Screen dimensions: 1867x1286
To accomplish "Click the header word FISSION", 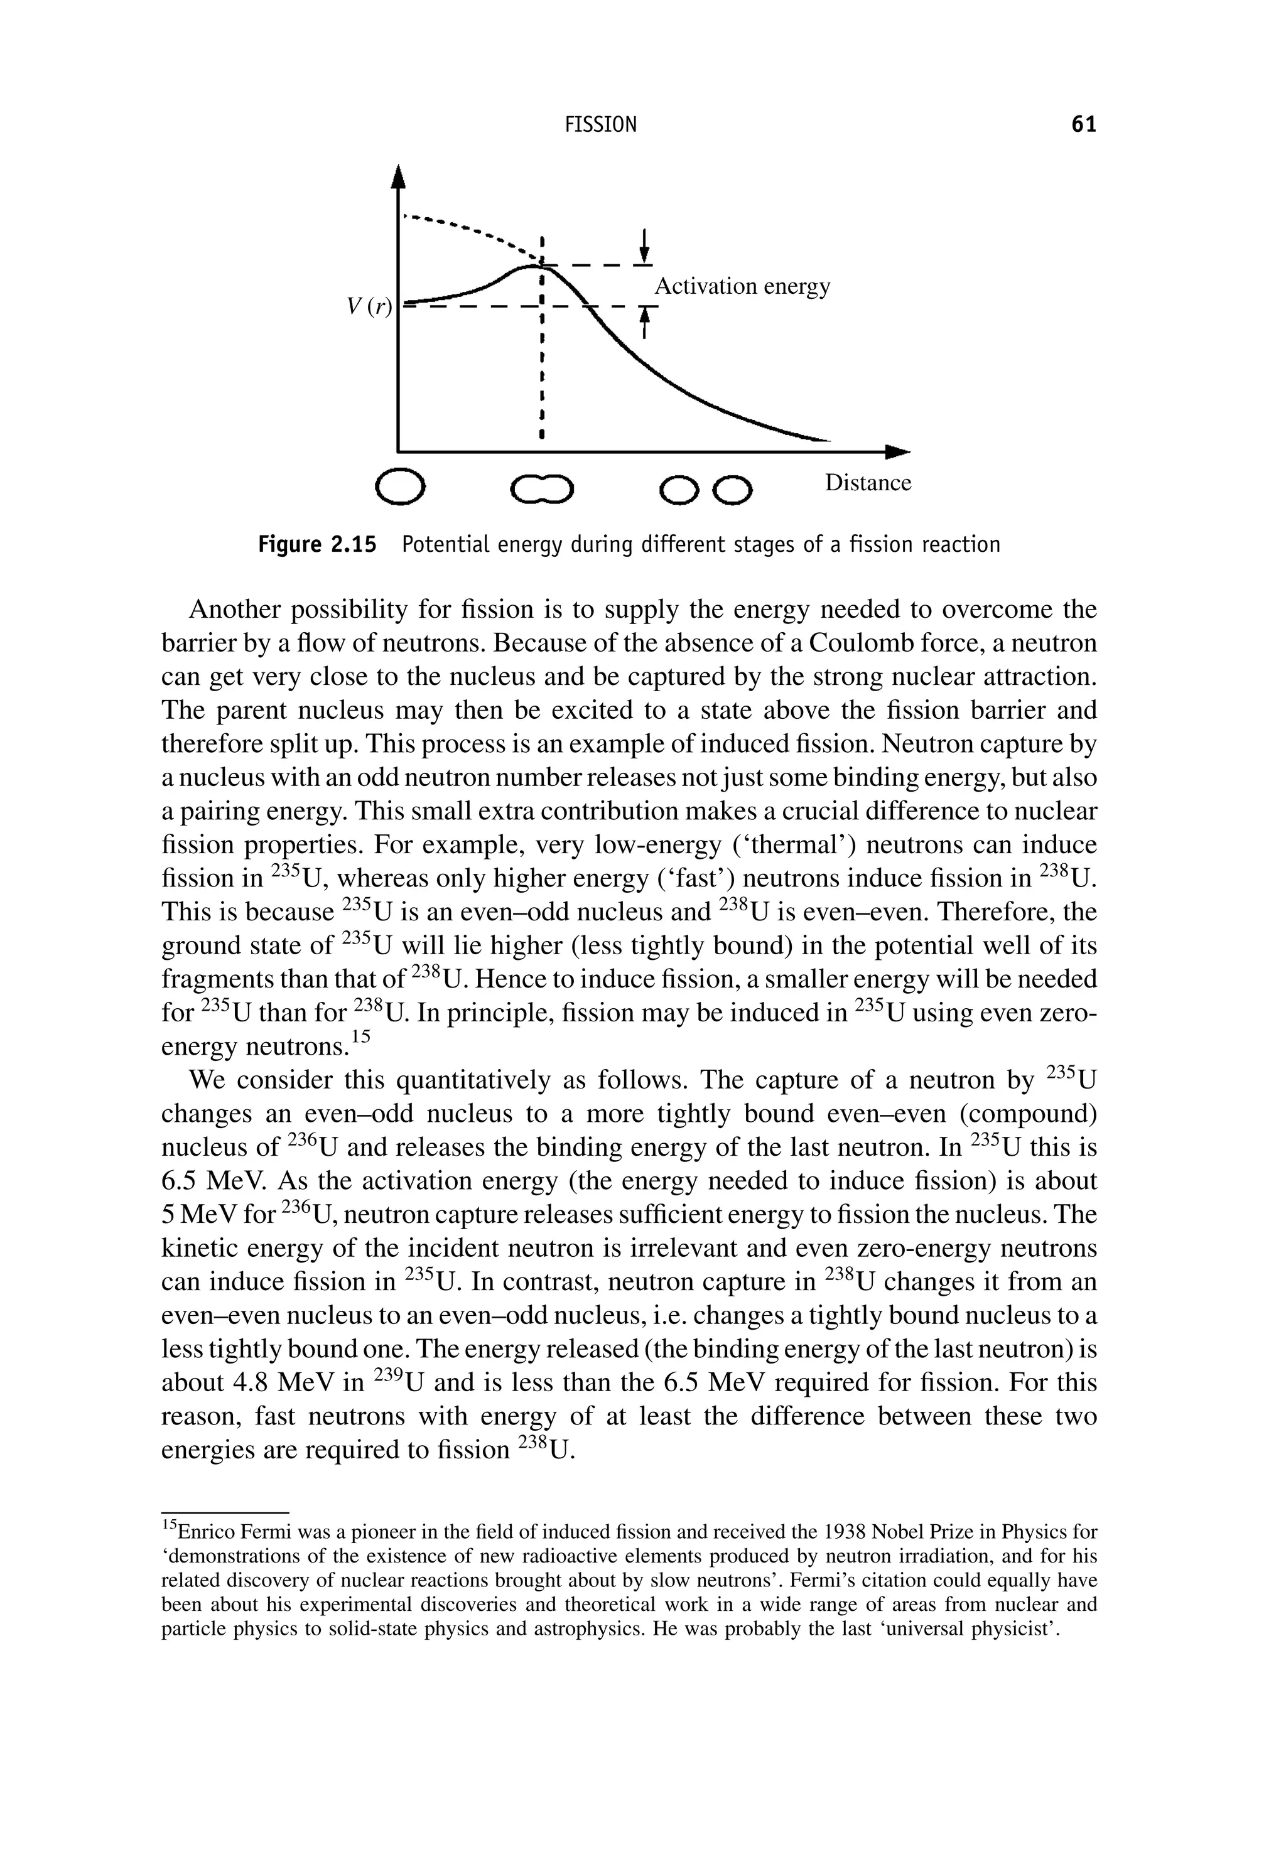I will click(x=600, y=125).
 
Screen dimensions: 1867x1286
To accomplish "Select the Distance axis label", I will click(x=868, y=483).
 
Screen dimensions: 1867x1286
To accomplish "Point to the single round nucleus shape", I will click(x=401, y=487).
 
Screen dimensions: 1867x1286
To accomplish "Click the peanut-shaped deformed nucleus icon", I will click(x=544, y=488).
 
